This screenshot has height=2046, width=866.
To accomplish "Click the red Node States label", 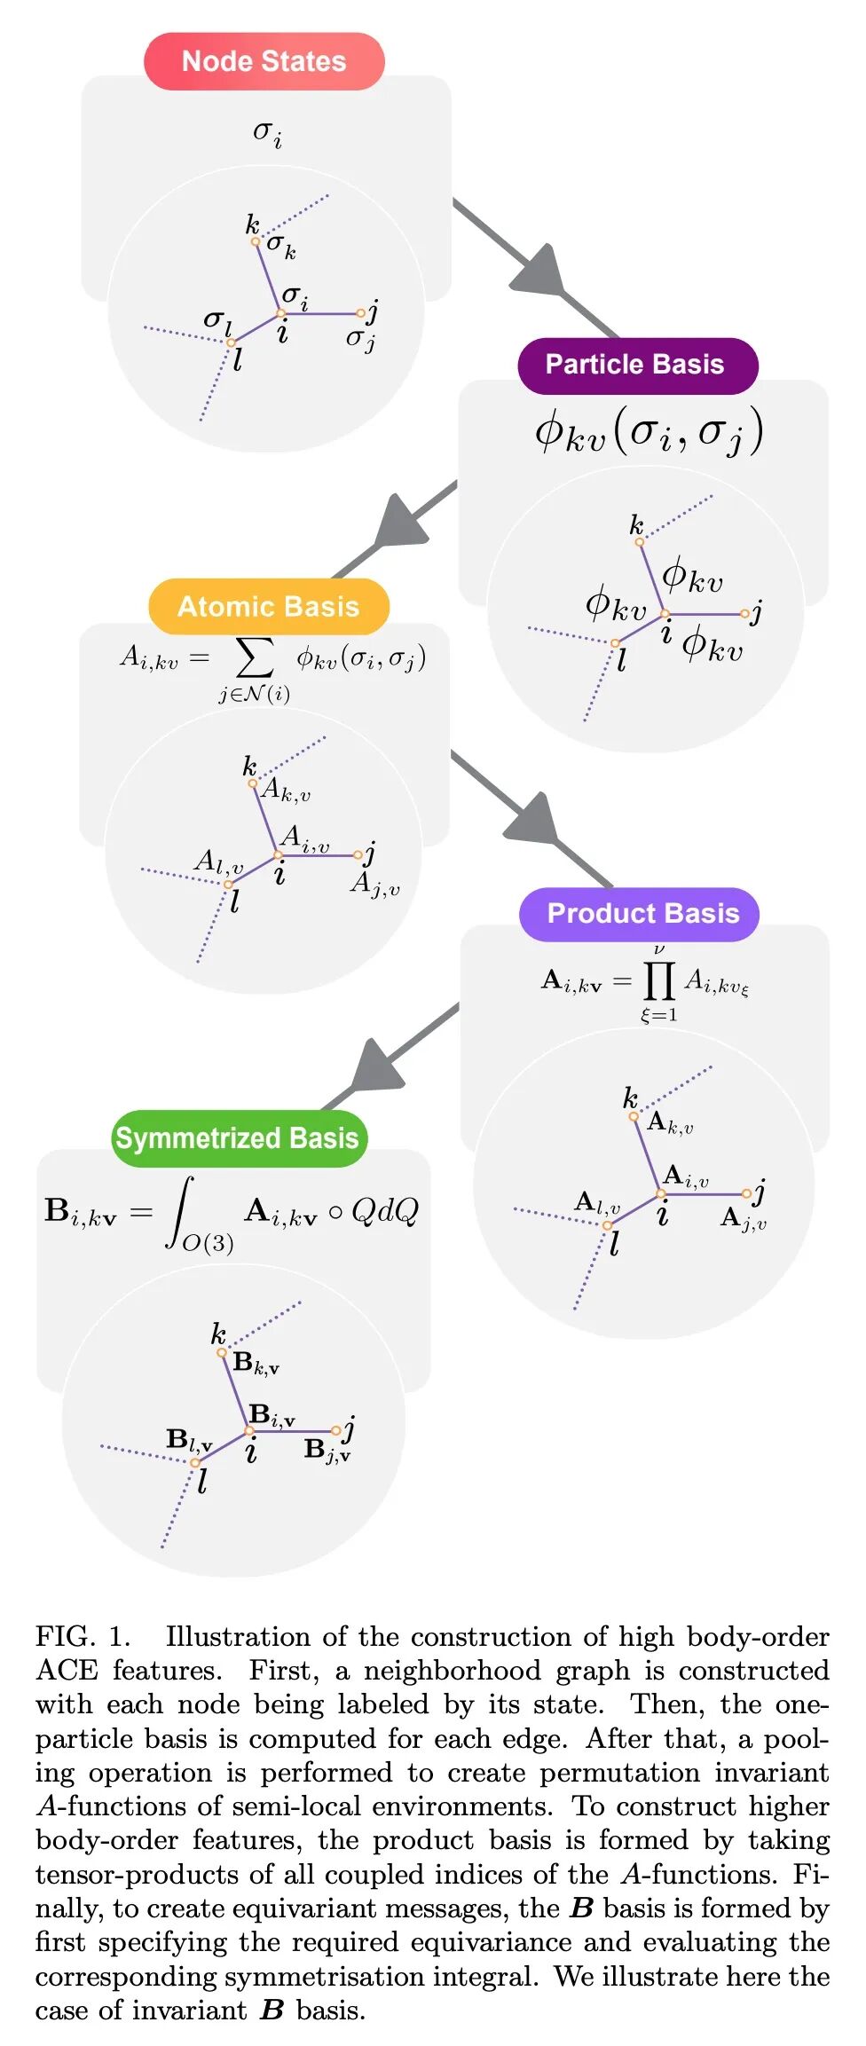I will [264, 61].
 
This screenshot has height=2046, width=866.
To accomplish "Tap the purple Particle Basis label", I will [636, 365].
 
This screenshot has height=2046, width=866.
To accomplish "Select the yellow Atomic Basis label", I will [268, 606].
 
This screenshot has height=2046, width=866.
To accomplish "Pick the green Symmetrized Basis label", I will [237, 1137].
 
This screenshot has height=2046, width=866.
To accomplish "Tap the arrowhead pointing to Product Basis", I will [534, 821].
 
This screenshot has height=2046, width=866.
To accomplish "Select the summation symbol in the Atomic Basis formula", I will [255, 657].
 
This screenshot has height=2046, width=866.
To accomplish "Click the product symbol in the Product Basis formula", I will [658, 980].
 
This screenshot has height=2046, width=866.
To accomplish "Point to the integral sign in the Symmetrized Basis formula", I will [181, 1212].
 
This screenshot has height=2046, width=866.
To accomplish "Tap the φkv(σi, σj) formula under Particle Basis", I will [649, 432].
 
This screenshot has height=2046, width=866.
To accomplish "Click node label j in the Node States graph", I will [374, 310].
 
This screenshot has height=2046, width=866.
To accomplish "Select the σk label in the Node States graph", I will [281, 244].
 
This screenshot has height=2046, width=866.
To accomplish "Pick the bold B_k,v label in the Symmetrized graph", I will [256, 1364].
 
